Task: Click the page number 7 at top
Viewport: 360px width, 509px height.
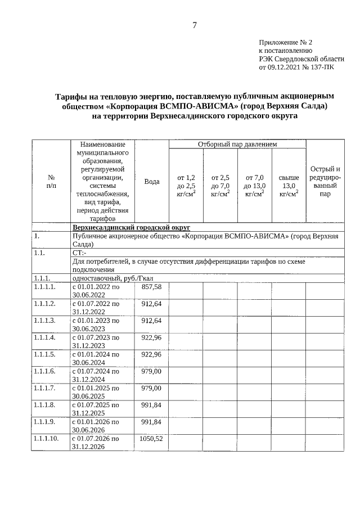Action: point(195,25)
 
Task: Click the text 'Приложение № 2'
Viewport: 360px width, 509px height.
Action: point(285,42)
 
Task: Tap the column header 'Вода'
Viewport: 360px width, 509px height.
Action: point(151,181)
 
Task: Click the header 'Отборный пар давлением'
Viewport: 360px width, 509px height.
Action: point(237,145)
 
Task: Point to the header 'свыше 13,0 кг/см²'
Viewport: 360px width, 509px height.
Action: point(289,185)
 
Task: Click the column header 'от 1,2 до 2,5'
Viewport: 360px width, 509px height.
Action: point(186,185)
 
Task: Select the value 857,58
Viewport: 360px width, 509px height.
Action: point(151,287)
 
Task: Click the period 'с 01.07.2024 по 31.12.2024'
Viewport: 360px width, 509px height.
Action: point(96,375)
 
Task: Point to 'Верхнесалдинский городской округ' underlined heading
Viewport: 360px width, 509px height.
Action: point(131,227)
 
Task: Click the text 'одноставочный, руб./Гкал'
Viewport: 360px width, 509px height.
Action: point(112,278)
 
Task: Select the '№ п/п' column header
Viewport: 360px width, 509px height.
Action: point(51,181)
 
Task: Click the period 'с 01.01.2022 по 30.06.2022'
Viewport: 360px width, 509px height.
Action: point(96,291)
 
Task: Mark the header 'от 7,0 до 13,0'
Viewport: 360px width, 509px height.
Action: point(254,185)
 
